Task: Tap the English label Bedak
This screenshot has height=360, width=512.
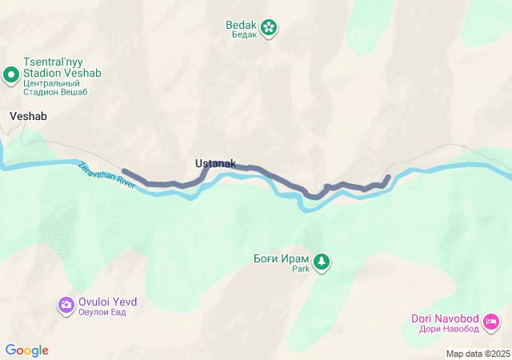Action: point(241,24)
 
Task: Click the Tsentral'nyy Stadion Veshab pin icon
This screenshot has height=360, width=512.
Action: point(11,76)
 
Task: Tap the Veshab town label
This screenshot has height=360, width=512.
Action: point(28,116)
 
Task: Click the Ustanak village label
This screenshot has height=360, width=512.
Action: point(215,164)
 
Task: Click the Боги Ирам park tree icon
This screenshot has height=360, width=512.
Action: point(322,261)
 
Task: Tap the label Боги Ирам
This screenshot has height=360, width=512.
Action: point(281,259)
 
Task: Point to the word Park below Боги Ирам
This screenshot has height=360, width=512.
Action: point(299,270)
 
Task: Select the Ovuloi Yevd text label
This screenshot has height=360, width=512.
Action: point(107,302)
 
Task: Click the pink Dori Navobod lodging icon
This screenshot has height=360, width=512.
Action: point(491,322)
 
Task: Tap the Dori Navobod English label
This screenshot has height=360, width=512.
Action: point(445,318)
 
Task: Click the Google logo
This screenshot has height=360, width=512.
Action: point(27,350)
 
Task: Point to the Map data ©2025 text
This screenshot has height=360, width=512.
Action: point(478,354)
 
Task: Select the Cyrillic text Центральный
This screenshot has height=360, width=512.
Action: point(53,82)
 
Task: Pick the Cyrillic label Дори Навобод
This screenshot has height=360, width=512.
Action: point(446,329)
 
